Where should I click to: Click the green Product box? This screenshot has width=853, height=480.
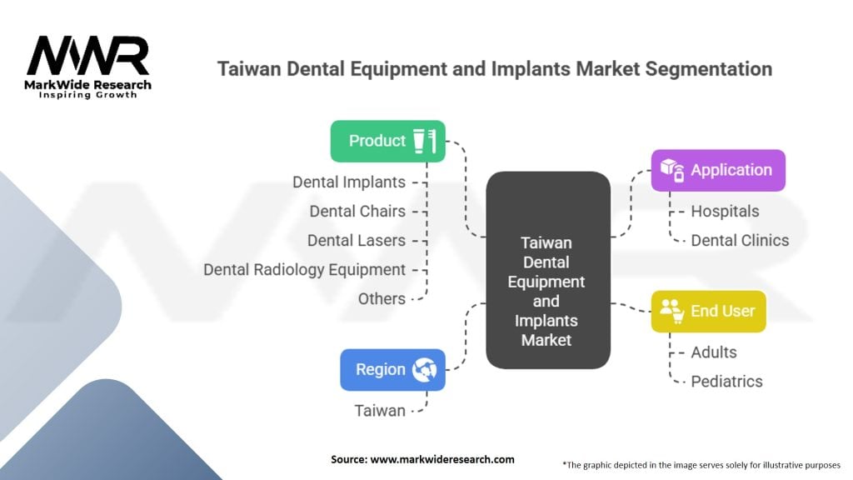click(x=388, y=141)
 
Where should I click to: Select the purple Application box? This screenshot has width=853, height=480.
click(x=718, y=170)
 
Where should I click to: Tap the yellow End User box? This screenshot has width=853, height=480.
click(x=708, y=312)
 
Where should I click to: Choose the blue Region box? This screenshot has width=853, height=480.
click(x=393, y=369)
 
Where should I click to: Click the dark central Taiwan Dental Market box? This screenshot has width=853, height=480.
click(x=548, y=270)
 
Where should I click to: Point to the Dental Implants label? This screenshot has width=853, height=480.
click(x=349, y=182)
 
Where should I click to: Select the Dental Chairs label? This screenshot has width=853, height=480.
click(x=357, y=211)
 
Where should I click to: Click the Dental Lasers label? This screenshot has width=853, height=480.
click(x=357, y=241)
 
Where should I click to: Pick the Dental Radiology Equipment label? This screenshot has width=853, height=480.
click(x=305, y=270)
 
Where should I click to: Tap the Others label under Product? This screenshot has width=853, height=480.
click(x=382, y=299)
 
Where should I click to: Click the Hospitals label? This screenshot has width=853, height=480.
click(x=725, y=211)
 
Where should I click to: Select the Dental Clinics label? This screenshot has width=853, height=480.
click(x=740, y=241)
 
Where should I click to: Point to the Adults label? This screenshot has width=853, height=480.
click(x=714, y=352)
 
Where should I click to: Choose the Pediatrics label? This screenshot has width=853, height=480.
click(x=726, y=382)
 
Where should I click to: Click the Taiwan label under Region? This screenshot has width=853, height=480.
click(x=380, y=410)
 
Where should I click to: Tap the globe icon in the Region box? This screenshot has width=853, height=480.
click(x=424, y=369)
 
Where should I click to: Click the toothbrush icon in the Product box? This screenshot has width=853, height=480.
click(x=425, y=141)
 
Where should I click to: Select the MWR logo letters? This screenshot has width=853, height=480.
click(x=87, y=56)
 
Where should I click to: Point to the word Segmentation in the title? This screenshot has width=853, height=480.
click(x=709, y=69)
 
